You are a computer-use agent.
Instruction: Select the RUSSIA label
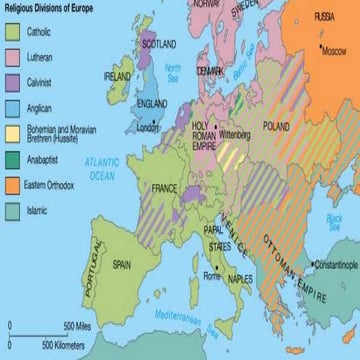pos(323,17)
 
